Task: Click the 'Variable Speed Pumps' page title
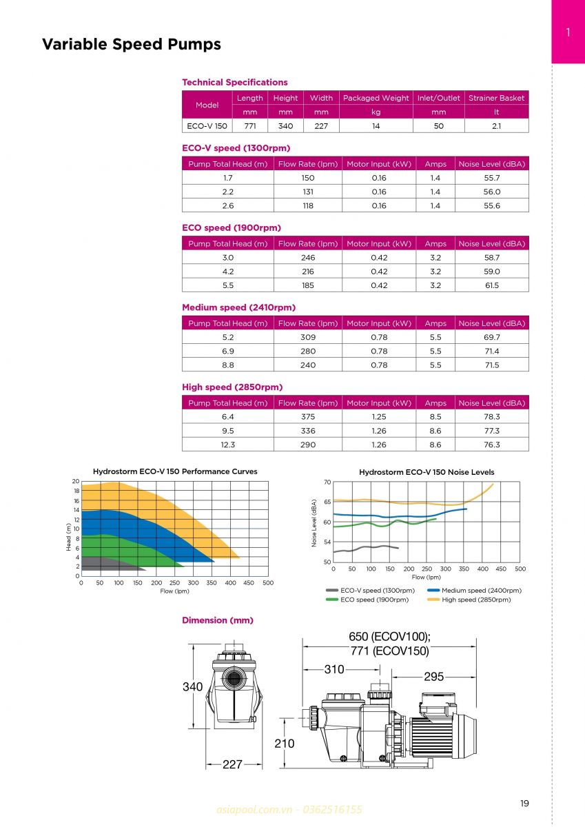pos(132,45)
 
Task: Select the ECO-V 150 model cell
pos(207,126)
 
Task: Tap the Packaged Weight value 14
pos(376,126)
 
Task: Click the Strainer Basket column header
pos(496,98)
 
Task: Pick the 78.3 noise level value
pos(491,417)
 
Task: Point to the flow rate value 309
pos(307,337)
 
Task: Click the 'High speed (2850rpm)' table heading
pos(232,387)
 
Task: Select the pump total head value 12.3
pos(227,445)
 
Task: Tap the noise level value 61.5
pos(491,285)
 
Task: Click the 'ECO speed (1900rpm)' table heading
pos(232,228)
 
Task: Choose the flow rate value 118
pos(307,205)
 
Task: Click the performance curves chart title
pos(175,471)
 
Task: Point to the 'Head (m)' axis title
pos(69,536)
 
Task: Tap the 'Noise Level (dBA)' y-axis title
pos(314,523)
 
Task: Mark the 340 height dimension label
pos(192,686)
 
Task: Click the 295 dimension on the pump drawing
pos(433,677)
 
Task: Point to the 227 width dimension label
pos(232,764)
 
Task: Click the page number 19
pos(524,803)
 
